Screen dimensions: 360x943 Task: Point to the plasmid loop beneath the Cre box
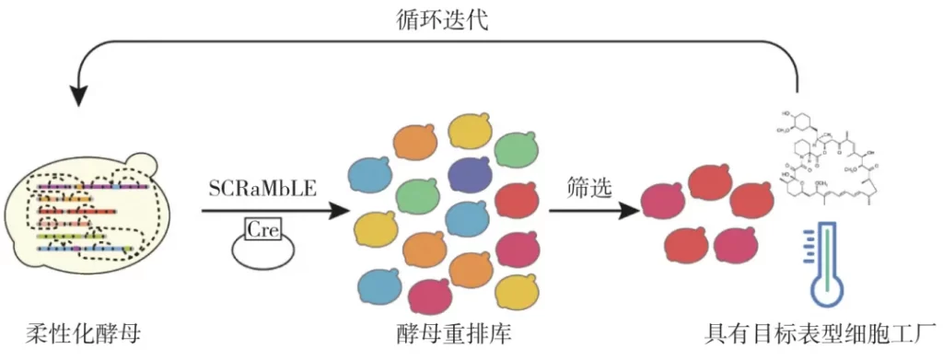(262, 252)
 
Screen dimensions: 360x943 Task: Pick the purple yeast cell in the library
(469, 175)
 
